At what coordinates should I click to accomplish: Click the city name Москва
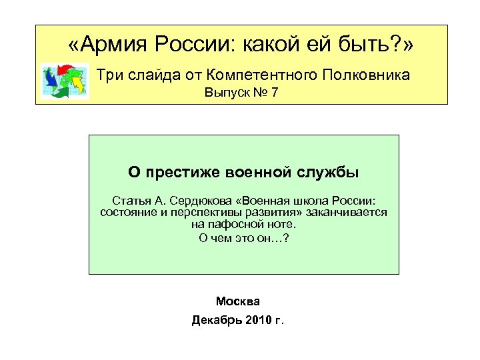click(x=238, y=301)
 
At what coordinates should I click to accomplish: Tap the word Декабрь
click(x=214, y=320)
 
